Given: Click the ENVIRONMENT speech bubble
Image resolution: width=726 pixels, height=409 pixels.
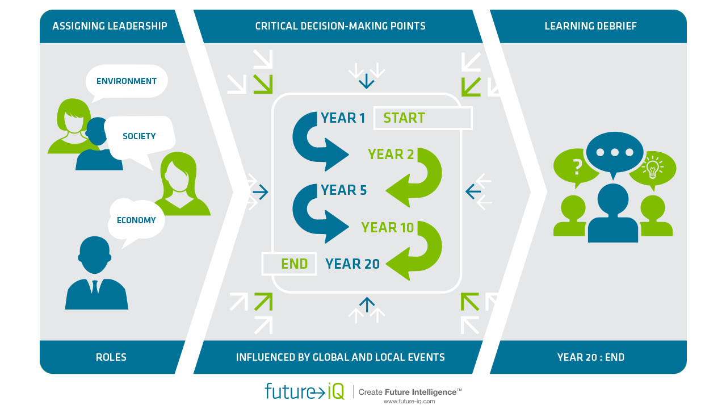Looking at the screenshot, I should [127, 81].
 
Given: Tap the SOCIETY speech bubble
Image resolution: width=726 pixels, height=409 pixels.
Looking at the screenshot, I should [139, 136].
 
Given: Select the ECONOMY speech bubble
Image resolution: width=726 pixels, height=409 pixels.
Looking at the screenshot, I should [136, 220].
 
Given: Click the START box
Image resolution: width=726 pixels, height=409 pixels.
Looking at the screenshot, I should [422, 118].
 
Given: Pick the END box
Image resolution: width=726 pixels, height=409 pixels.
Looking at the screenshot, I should [289, 264].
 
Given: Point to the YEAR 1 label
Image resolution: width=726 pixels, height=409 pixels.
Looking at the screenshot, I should [343, 118].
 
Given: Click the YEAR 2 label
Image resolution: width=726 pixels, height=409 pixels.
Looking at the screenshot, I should [391, 154].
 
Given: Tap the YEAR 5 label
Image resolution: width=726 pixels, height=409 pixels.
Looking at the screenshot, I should [344, 190].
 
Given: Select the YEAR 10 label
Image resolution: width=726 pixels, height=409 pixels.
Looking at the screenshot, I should [388, 228].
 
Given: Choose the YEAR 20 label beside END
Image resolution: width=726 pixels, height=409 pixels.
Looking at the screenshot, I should [352, 264].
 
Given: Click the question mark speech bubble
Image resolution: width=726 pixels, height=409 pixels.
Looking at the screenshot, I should [577, 166].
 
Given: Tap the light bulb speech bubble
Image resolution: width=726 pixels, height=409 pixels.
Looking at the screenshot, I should [653, 168].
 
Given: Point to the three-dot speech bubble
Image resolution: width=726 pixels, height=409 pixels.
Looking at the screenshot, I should [615, 153].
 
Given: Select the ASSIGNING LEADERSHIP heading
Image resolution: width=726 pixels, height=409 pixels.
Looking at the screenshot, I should [110, 26].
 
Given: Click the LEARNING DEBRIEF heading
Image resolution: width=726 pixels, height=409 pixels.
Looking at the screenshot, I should [590, 26].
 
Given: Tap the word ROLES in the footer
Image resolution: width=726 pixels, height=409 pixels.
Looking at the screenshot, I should [111, 357].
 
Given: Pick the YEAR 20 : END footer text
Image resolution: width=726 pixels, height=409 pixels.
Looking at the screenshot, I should [590, 357].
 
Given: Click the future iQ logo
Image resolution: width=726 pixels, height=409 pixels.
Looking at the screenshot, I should [304, 391].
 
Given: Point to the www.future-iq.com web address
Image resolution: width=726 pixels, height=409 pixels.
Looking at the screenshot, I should [409, 401].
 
